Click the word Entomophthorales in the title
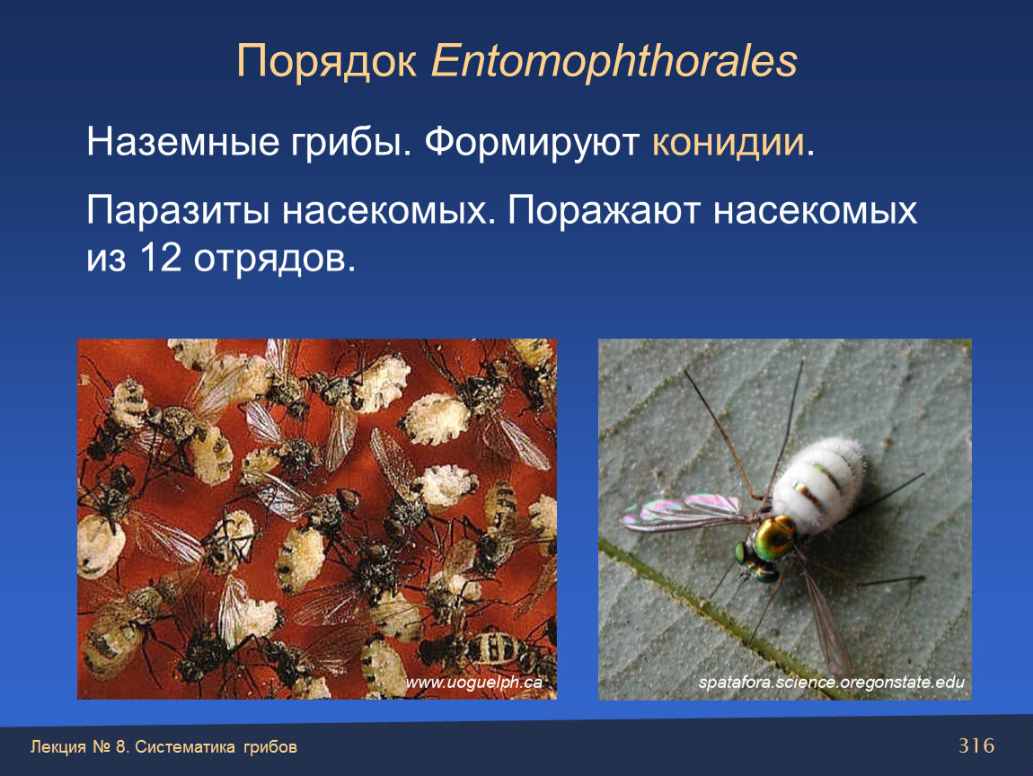(x=614, y=61)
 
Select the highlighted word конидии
(x=728, y=142)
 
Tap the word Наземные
(x=182, y=142)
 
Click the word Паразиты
(x=178, y=212)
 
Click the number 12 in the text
(x=160, y=258)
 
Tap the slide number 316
(x=976, y=745)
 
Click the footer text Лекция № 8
(x=80, y=747)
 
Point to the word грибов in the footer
(x=270, y=747)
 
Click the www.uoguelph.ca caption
(x=473, y=683)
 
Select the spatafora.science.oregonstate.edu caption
(x=832, y=683)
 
